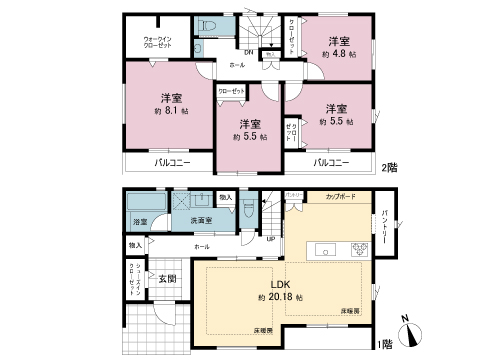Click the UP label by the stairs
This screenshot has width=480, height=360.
pos(270,237)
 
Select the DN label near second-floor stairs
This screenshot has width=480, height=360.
pos(247,51)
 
